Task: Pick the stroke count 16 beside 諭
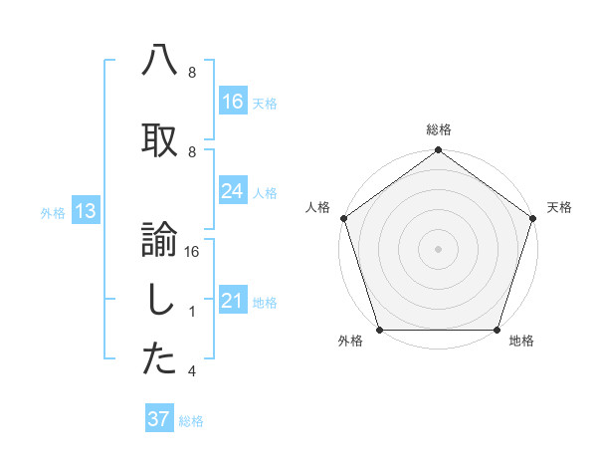193,253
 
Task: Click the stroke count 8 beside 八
192,73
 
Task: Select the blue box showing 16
232,101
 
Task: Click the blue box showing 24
232,192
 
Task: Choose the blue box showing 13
85,211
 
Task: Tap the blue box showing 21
232,302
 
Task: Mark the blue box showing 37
159,419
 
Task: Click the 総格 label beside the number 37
191,421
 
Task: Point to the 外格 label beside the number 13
52,212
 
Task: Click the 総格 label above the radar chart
438,129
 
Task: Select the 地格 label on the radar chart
521,342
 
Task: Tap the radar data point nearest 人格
344,218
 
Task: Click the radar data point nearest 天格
532,218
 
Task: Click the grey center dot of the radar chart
438,248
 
